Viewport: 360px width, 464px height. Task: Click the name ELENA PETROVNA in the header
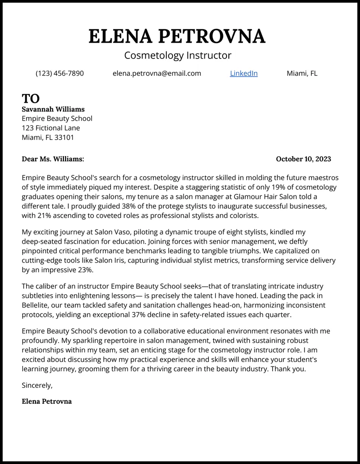pos(177,36)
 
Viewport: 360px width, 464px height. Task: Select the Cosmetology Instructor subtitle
pos(178,55)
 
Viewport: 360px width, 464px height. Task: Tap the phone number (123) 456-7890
pos(59,74)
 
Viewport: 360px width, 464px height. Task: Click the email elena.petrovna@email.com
pos(157,74)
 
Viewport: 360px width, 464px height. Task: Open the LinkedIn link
pos(243,74)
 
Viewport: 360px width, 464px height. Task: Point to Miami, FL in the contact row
pos(302,74)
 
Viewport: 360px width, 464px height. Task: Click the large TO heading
pos(31,98)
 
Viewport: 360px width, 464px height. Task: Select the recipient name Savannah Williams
pos(53,109)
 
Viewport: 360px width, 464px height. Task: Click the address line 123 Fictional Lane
pos(51,128)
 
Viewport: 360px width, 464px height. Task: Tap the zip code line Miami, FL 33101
pos(48,137)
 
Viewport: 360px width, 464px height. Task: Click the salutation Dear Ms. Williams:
pos(53,159)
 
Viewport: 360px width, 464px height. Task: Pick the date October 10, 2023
pos(303,159)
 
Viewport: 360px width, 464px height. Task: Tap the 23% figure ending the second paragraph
pos(85,270)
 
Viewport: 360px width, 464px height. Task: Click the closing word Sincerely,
pos(37,386)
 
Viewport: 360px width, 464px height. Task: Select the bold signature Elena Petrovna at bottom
pos(47,402)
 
